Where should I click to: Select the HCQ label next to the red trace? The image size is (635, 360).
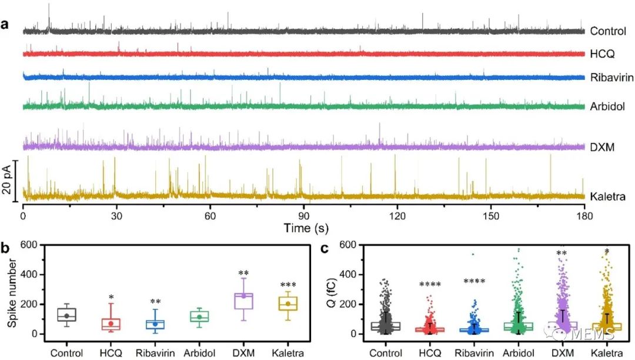click(x=602, y=54)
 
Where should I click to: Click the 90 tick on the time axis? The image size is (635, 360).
click(x=303, y=216)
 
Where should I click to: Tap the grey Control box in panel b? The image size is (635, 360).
click(x=67, y=314)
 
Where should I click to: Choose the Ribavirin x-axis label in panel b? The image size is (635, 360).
click(x=155, y=354)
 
